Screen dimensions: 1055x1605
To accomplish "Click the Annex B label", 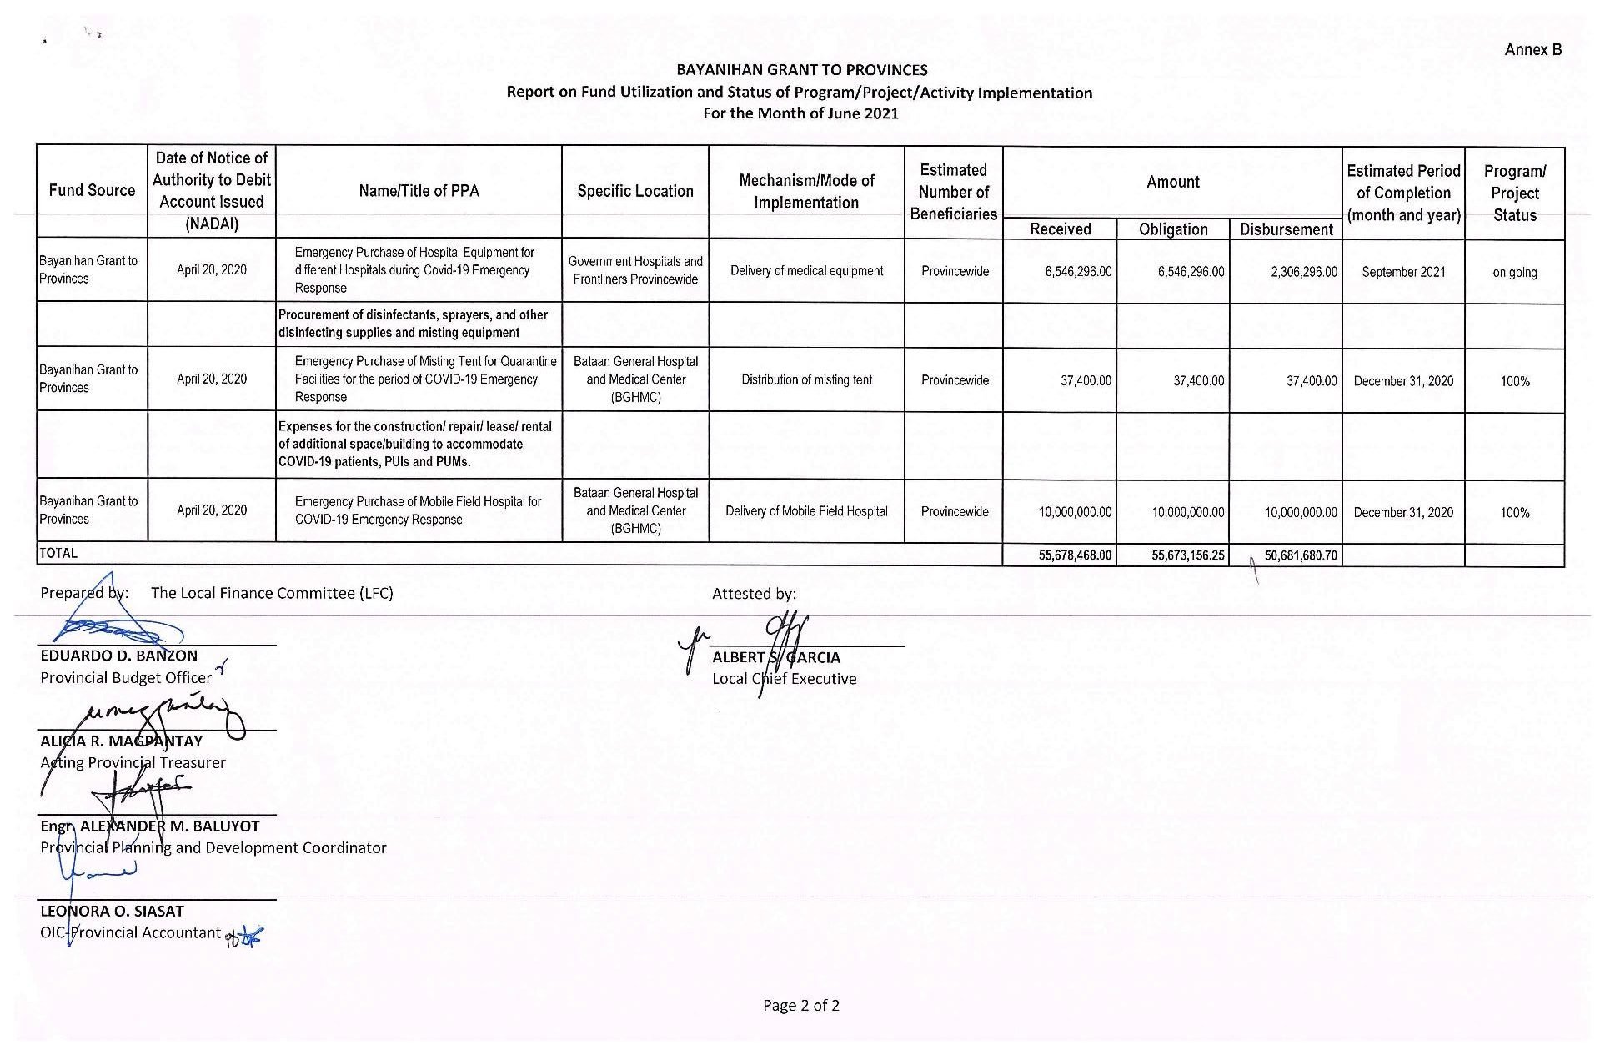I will [x=1532, y=49].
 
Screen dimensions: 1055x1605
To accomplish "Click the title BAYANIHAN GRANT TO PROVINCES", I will [x=801, y=70].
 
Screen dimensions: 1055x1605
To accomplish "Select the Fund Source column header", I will [x=92, y=190].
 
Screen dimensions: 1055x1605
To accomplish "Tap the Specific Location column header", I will [x=634, y=191].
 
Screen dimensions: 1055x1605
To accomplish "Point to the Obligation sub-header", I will [x=1172, y=229].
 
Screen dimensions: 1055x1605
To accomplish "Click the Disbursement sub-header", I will [x=1286, y=229].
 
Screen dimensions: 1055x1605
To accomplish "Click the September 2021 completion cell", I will [x=1403, y=272].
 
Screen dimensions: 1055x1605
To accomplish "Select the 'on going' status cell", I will [x=1514, y=272].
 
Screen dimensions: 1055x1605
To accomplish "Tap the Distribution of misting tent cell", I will [x=806, y=380].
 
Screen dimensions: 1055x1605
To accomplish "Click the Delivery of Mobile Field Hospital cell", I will [x=806, y=511].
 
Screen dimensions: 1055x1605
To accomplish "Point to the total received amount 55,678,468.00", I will [x=1075, y=555].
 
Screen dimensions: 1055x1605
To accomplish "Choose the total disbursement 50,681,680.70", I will [x=1301, y=555].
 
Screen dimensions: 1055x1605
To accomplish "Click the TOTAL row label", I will [x=58, y=553].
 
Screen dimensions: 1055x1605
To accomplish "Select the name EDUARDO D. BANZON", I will [x=118, y=656].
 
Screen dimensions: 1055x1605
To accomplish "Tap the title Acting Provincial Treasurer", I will [x=133, y=762].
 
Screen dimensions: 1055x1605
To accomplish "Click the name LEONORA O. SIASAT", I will [x=112, y=911].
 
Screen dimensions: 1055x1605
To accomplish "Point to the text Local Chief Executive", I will [x=784, y=679].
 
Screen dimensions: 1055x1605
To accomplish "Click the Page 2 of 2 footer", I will [x=800, y=1006].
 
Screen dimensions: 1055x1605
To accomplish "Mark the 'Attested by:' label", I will [x=754, y=594].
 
